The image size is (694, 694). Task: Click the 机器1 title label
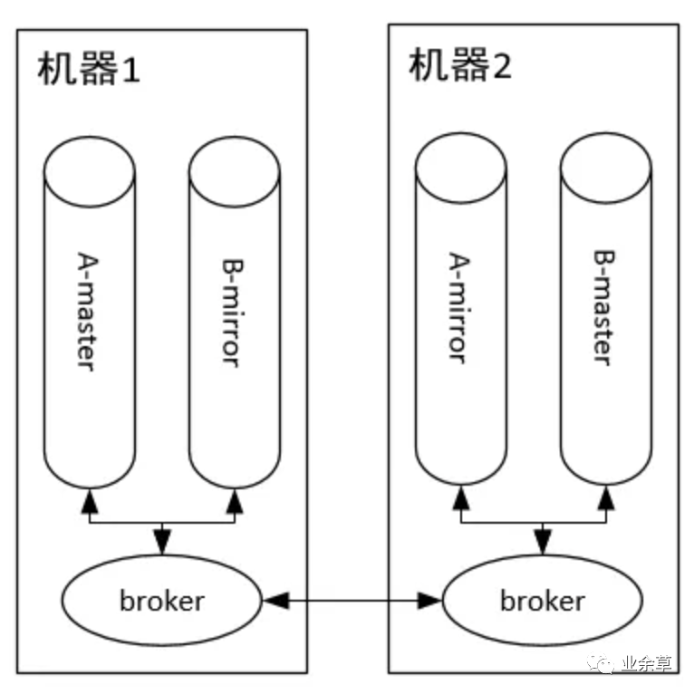click(89, 69)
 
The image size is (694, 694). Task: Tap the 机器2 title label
click(460, 66)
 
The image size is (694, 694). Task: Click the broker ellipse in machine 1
click(161, 600)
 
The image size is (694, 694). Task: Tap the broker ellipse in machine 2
click(542, 600)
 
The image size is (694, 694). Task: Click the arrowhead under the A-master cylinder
click(90, 500)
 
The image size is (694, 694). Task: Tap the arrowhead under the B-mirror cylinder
click(235, 500)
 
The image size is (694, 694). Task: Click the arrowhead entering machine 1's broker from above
click(162, 544)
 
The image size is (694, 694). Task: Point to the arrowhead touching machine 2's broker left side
click(431, 600)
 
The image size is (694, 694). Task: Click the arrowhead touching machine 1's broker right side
click(273, 600)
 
